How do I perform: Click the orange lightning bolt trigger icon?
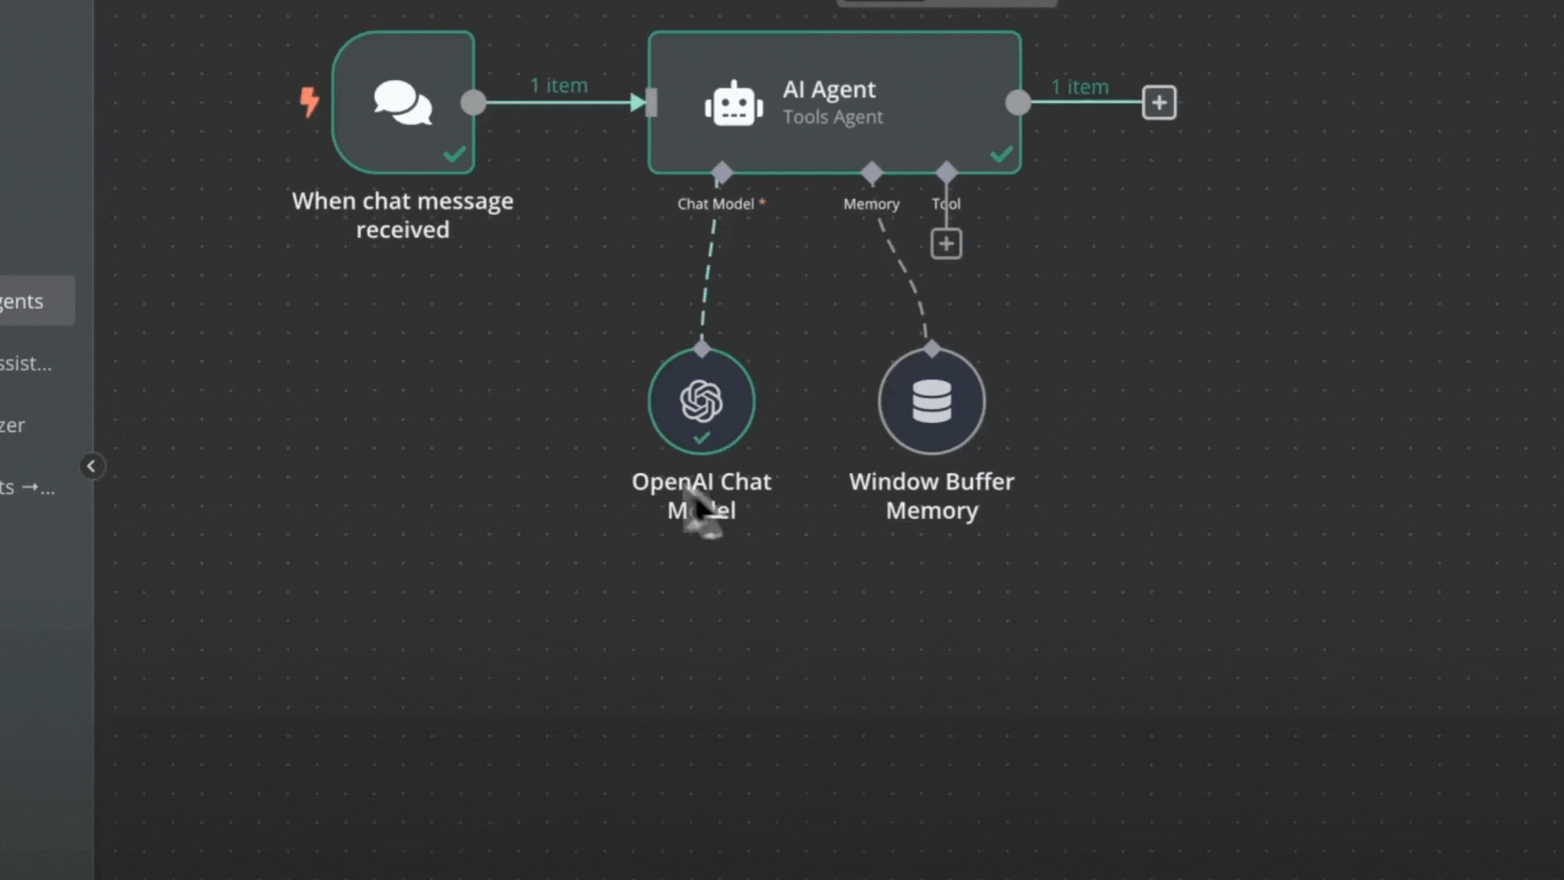309,102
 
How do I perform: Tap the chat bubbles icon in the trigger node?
402,103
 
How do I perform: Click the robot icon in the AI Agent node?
734,103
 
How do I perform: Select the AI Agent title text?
829,89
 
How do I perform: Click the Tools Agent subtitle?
833,117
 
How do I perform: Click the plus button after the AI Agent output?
1158,103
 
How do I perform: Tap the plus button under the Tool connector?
946,244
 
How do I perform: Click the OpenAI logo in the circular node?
701,400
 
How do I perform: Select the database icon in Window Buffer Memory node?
932,401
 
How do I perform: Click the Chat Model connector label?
716,204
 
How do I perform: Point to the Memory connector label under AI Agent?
871,204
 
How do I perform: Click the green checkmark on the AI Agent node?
1001,154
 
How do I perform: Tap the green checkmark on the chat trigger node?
455,154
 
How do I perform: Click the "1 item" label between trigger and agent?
559,86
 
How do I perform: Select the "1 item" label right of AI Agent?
1079,87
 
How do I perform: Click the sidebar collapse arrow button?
91,466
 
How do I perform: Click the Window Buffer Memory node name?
932,495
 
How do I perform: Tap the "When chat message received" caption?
402,215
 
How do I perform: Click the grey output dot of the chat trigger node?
473,103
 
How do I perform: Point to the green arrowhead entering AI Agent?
638,103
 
